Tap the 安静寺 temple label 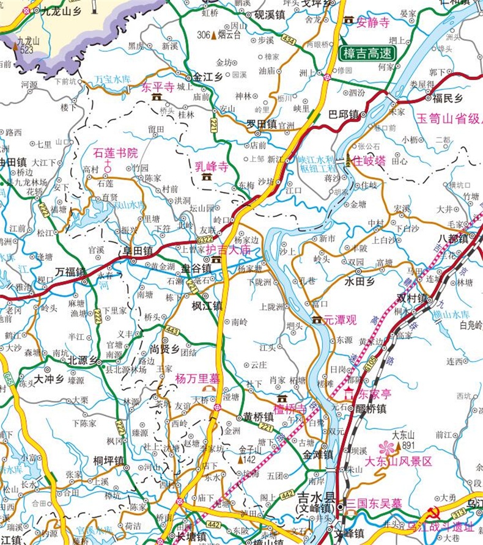click(x=372, y=23)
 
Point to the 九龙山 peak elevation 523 click(x=26, y=49)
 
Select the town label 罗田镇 click(x=262, y=124)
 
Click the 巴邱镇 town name click(x=343, y=114)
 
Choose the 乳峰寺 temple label click(x=212, y=166)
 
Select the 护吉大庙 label click(x=228, y=250)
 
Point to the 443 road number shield click(x=172, y=331)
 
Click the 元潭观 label click(x=339, y=320)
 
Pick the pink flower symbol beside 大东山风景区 click(x=387, y=448)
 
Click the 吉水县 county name click(x=315, y=496)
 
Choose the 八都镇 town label click(x=452, y=239)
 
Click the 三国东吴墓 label click(x=374, y=504)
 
